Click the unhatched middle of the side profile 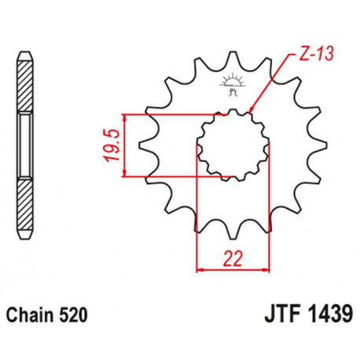pos(25,145)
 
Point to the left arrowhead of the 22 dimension pos(198,270)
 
